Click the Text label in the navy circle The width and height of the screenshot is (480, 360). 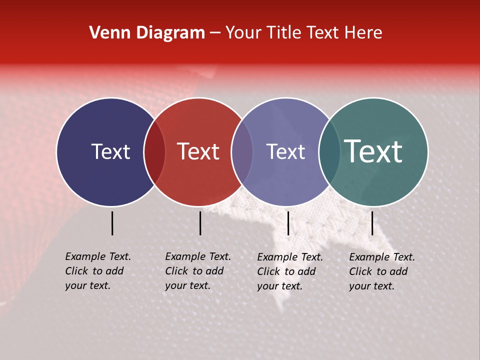tap(110, 152)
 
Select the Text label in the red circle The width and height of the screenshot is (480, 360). tap(198, 152)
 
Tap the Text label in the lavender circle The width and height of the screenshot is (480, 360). tap(285, 152)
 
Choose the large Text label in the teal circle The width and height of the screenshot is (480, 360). tap(373, 152)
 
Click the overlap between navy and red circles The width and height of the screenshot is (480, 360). tap(154, 152)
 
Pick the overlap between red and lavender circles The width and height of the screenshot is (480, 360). tap(242, 152)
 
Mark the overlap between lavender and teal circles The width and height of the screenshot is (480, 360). tap(329, 152)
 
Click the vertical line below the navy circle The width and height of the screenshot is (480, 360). tap(112, 223)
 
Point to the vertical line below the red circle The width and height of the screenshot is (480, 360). tap(200, 223)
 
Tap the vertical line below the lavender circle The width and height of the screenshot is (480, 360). tap(288, 223)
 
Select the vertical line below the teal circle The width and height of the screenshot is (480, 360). tap(372, 223)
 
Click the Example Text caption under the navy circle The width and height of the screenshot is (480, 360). tap(97, 271)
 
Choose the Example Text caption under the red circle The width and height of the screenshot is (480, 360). tap(197, 271)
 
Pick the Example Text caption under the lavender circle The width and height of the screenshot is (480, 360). tap(289, 271)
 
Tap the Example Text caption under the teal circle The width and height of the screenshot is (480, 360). tap(381, 271)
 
